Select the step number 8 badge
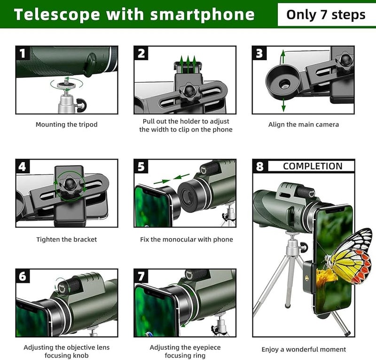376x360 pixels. [260, 166]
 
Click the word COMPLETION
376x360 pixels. [313, 166]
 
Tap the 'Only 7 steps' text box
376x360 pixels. [326, 14]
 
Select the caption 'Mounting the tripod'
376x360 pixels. [66, 125]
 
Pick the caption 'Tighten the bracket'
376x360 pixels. [66, 240]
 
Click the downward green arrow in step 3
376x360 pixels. [283, 106]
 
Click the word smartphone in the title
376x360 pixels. [202, 14]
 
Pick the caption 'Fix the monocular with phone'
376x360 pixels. [187, 240]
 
